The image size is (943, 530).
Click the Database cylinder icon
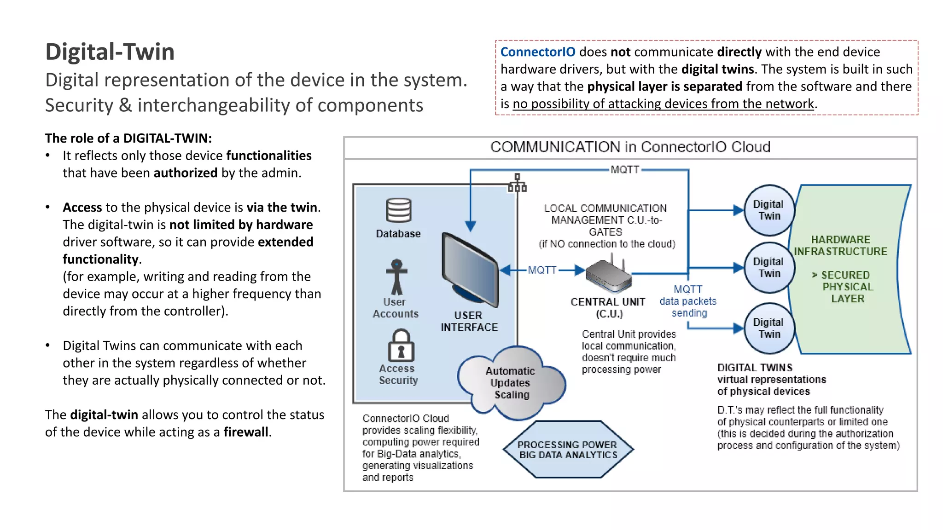point(398,210)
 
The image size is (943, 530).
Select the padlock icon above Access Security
point(401,346)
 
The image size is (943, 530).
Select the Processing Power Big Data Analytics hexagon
point(568,449)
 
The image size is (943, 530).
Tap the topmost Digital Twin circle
point(769,210)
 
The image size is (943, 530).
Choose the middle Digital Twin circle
point(769,268)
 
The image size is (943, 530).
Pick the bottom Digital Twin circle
point(769,328)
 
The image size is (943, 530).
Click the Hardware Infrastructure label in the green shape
point(840,246)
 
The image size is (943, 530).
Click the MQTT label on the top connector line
point(625,170)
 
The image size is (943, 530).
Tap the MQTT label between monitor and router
point(542,270)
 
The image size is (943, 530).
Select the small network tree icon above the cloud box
point(517,183)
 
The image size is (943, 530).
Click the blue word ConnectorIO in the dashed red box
point(537,52)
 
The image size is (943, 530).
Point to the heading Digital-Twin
point(110,52)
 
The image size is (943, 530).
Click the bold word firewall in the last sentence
point(246,432)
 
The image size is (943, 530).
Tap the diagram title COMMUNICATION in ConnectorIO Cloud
point(630,147)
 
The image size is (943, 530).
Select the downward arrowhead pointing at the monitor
point(470,226)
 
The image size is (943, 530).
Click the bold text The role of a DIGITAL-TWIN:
point(128,138)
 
